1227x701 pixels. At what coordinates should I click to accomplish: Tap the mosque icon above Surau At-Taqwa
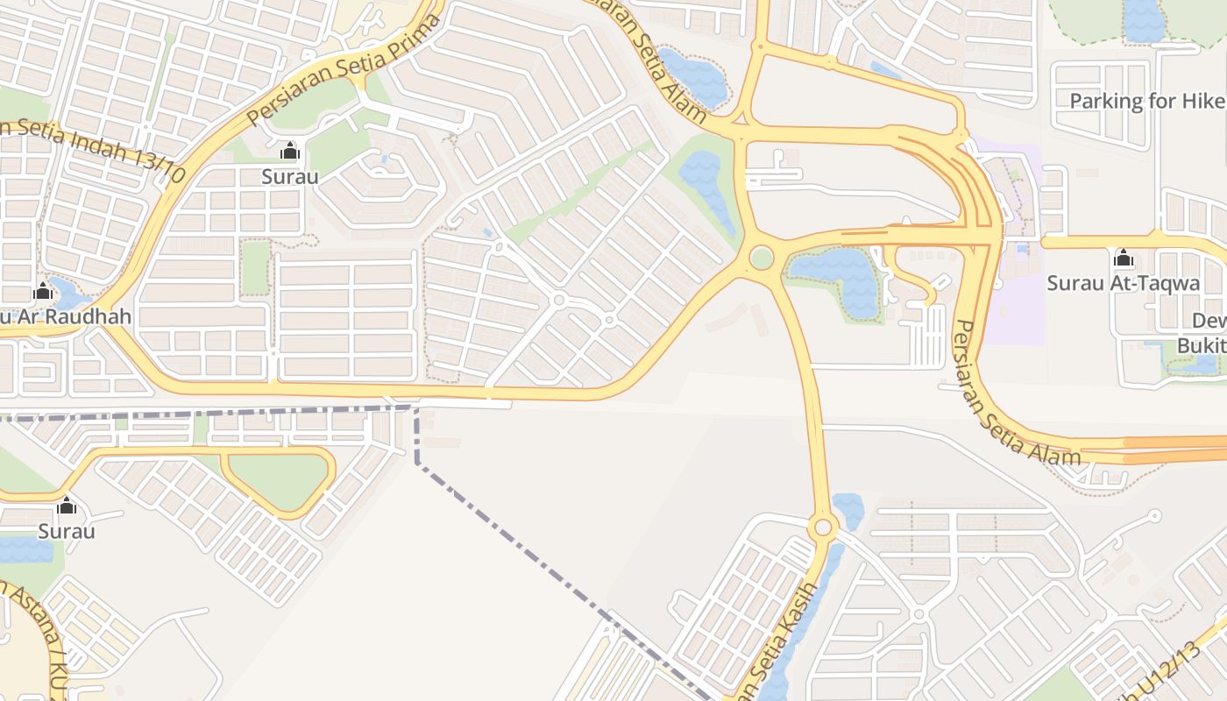[1123, 258]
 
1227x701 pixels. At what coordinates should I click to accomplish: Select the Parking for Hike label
[1147, 101]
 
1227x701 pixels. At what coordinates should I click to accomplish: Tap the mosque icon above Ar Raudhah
[42, 291]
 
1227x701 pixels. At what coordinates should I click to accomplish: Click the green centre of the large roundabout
[762, 258]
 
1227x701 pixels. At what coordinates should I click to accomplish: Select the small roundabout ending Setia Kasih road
[822, 528]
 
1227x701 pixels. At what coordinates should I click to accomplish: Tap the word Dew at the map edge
[1209, 321]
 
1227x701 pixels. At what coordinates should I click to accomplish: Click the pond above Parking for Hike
[1144, 19]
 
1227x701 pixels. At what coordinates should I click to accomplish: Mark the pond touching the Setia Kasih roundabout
[848, 510]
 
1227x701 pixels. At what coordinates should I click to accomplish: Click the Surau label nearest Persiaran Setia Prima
[290, 176]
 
